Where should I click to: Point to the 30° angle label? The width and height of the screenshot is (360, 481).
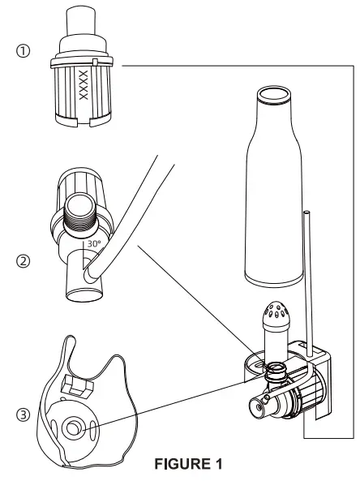pos(94,242)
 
